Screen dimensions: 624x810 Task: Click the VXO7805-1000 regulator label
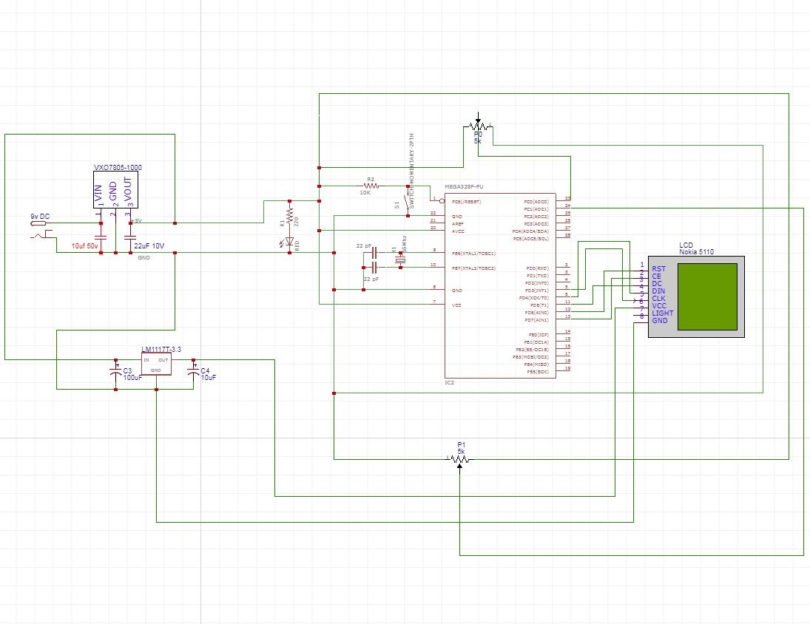[x=118, y=168]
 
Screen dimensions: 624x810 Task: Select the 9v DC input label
[x=40, y=216]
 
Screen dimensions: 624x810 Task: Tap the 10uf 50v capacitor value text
[x=84, y=245]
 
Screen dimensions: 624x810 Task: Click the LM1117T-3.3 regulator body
[x=156, y=363]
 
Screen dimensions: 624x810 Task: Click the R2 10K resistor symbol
[x=371, y=186]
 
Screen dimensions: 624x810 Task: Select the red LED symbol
[x=289, y=242]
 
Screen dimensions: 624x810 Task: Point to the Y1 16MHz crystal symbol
[x=401, y=258]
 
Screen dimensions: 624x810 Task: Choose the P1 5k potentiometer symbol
[x=460, y=459]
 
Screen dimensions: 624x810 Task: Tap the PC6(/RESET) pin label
[x=466, y=201]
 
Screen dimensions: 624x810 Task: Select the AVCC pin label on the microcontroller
[x=458, y=231]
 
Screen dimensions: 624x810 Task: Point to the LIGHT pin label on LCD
[x=662, y=313]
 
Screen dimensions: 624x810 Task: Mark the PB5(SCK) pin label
[x=537, y=372]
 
